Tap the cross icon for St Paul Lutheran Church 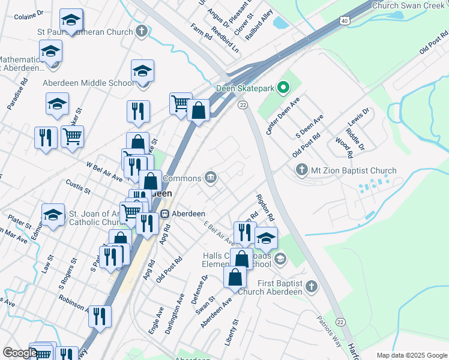coord(142,31)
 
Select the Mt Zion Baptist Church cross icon coord(301,170)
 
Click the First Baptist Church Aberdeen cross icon coord(311,287)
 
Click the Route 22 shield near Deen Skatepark coord(242,105)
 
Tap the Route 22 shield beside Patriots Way coord(340,323)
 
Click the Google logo coord(20,353)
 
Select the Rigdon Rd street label coord(265,207)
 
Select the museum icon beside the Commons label coord(211,176)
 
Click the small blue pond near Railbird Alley coord(280,23)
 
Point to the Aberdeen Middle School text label coord(88,83)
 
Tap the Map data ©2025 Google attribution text coord(412,355)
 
